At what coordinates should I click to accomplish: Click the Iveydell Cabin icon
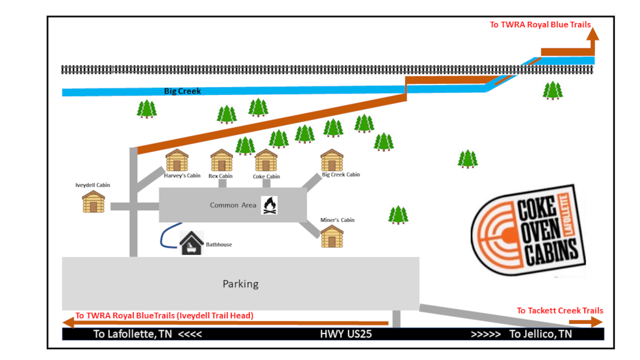94,202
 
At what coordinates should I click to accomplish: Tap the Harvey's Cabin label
182,175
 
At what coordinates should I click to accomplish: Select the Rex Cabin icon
221,161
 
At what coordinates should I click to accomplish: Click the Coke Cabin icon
266,161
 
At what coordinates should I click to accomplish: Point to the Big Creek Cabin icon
332,160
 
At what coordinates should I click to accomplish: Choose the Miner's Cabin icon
332,236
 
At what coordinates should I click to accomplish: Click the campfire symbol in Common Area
270,205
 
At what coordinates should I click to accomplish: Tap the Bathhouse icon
192,243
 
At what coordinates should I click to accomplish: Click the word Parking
240,284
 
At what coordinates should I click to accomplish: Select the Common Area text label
233,205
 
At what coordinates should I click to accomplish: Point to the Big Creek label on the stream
183,92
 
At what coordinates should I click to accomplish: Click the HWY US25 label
346,334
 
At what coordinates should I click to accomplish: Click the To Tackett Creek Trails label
559,310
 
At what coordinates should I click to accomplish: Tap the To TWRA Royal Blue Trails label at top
540,25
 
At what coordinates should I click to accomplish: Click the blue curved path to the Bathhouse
165,235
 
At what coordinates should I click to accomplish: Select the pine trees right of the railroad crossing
552,90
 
